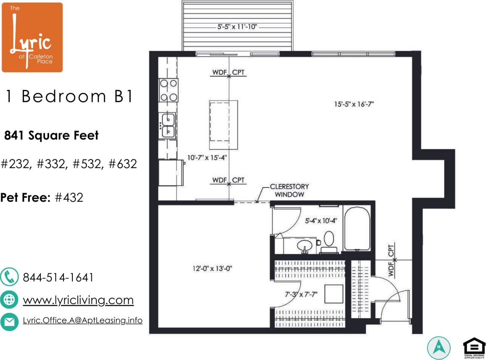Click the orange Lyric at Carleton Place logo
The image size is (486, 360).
pyautogui.click(x=32, y=37)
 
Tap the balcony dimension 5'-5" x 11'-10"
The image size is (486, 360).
pyautogui.click(x=237, y=27)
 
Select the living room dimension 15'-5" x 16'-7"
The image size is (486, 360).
pyautogui.click(x=354, y=103)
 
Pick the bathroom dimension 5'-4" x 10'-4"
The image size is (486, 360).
pyautogui.click(x=321, y=220)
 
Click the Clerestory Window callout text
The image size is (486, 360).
pyautogui.click(x=289, y=191)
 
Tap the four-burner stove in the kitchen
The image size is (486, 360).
pyautogui.click(x=168, y=90)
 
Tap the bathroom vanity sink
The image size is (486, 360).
pyautogui.click(x=304, y=246)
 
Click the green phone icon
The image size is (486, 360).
pyautogui.click(x=9, y=278)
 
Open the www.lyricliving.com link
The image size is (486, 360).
pyautogui.click(x=78, y=300)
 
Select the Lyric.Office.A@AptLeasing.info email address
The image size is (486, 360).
pyautogui.click(x=82, y=320)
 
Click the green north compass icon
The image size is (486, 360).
pyautogui.click(x=439, y=347)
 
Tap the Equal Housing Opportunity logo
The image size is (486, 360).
pyautogui.click(x=474, y=347)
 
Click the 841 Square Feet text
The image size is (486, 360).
pyautogui.click(x=51, y=135)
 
